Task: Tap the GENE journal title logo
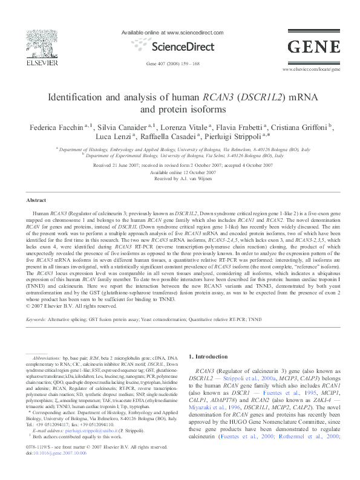tap(313, 47)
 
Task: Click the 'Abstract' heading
tap(37, 200)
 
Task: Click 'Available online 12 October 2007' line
tap(180, 172)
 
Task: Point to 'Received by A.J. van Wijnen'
tap(180, 178)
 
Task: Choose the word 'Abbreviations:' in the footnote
tap(47, 359)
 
